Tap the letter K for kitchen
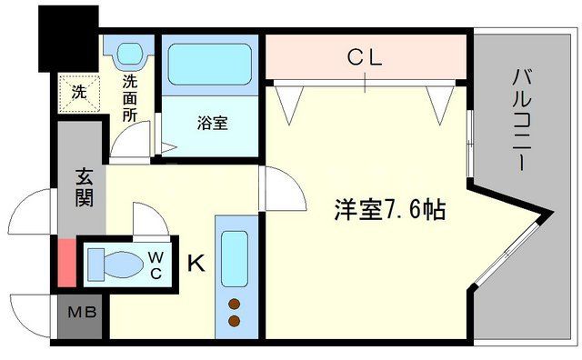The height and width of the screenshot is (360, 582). click(x=196, y=264)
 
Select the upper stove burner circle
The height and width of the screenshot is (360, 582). click(x=234, y=304)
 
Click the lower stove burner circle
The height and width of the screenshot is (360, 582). click(x=234, y=320)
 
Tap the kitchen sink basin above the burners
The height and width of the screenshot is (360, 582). click(x=234, y=257)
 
